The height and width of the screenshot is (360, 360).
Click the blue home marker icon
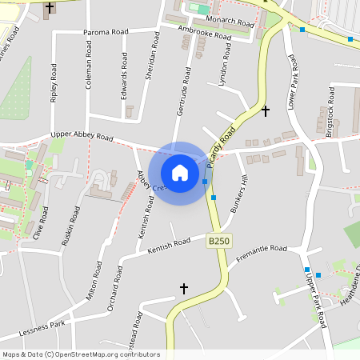coord(180,173)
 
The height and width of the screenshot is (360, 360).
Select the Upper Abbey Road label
coord(82,137)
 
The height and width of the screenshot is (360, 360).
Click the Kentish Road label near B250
coord(170,246)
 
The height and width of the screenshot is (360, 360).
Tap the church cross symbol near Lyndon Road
coord(266,110)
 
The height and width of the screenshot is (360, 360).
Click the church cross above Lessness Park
coord(183,288)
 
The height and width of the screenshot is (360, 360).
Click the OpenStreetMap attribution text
coord(81,354)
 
